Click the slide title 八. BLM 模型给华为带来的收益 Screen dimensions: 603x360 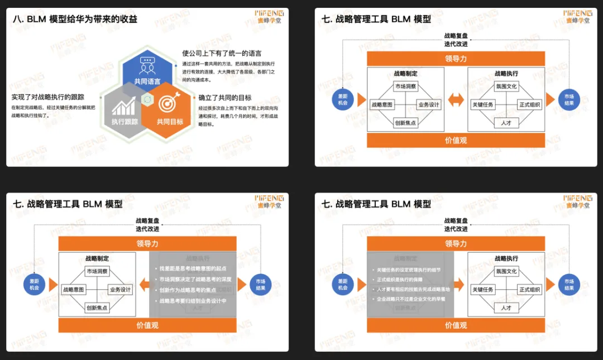tap(75, 19)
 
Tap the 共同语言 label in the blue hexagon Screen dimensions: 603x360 tap(147, 81)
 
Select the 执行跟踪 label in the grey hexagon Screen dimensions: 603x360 tap(124, 121)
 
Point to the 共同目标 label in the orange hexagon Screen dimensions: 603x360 tap(170, 121)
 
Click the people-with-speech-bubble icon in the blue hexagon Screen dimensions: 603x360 tap(147, 65)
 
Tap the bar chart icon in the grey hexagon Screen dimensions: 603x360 tap(123, 105)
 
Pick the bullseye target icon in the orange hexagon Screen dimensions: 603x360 tap(167, 104)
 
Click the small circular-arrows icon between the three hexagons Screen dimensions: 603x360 tap(147, 99)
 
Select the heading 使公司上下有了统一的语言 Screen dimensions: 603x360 tap(222, 54)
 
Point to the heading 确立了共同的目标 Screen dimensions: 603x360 tap(225, 98)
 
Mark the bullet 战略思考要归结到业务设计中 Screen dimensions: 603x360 tap(193, 300)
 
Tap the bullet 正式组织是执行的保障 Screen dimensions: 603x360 tap(399, 279)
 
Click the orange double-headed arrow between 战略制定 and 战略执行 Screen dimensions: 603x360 tap(456, 100)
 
